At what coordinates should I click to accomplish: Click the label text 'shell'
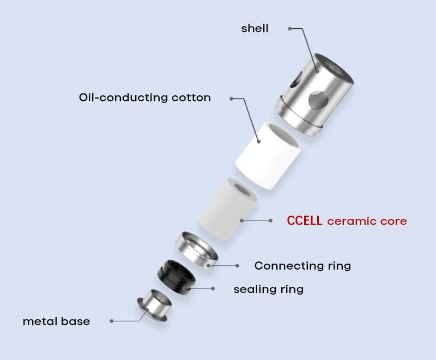255,28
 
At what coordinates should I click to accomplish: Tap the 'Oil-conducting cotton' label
144,98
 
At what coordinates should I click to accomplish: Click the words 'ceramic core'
367,221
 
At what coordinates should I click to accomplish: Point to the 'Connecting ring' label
302,266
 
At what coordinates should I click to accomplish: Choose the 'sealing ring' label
268,289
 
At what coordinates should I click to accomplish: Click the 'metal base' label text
56,321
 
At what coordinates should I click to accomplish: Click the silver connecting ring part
197,250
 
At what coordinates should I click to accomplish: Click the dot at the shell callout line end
290,28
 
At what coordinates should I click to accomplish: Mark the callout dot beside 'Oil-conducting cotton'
231,99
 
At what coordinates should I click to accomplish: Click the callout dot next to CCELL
271,221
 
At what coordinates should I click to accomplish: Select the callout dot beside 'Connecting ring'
238,266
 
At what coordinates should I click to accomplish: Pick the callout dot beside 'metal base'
112,321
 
